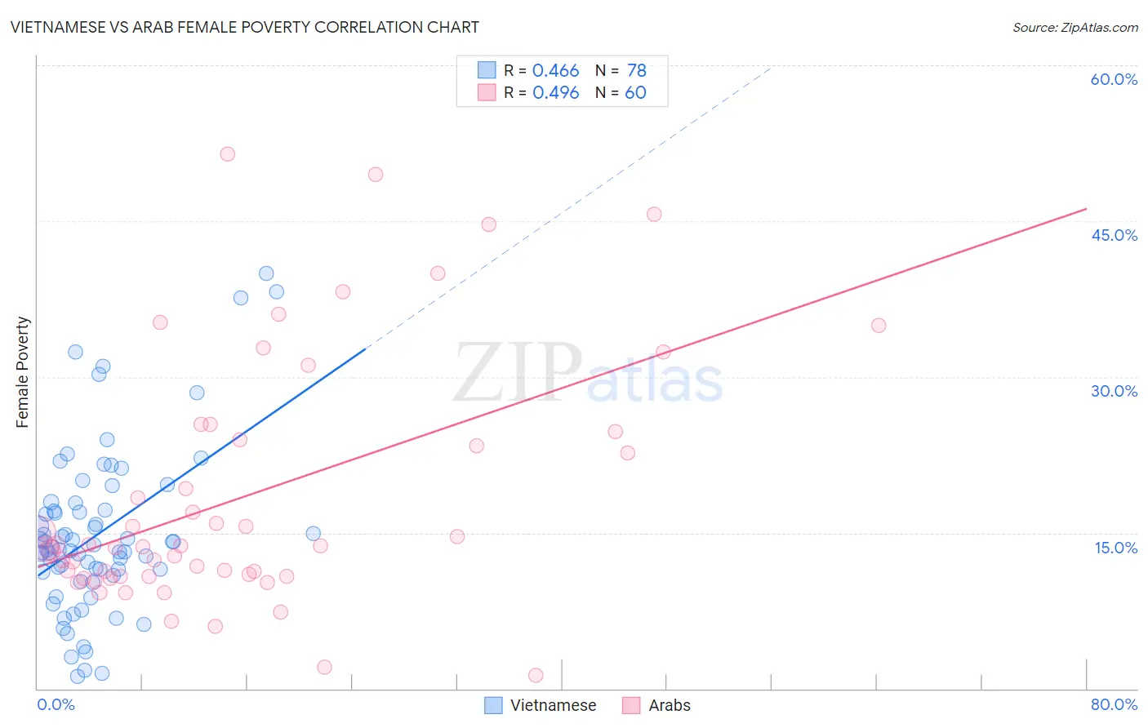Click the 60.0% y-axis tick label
[x=1114, y=79]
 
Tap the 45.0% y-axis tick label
[x=1114, y=235]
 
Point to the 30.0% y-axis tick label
[x=1114, y=391]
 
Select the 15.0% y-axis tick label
[x=1115, y=548]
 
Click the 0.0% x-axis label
[x=56, y=704]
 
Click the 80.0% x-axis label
[x=1114, y=704]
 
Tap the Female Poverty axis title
[x=22, y=372]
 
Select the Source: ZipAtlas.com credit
[x=1075, y=27]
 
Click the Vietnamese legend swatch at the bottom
[x=493, y=705]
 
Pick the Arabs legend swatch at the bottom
[x=631, y=705]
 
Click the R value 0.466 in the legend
[x=555, y=71]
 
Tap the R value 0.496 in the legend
[x=555, y=93]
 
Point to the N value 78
[x=637, y=71]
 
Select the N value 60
[x=635, y=93]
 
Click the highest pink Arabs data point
[x=228, y=154]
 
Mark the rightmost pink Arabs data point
[x=879, y=326]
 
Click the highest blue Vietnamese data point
[x=266, y=273]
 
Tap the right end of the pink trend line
[x=1086, y=209]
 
